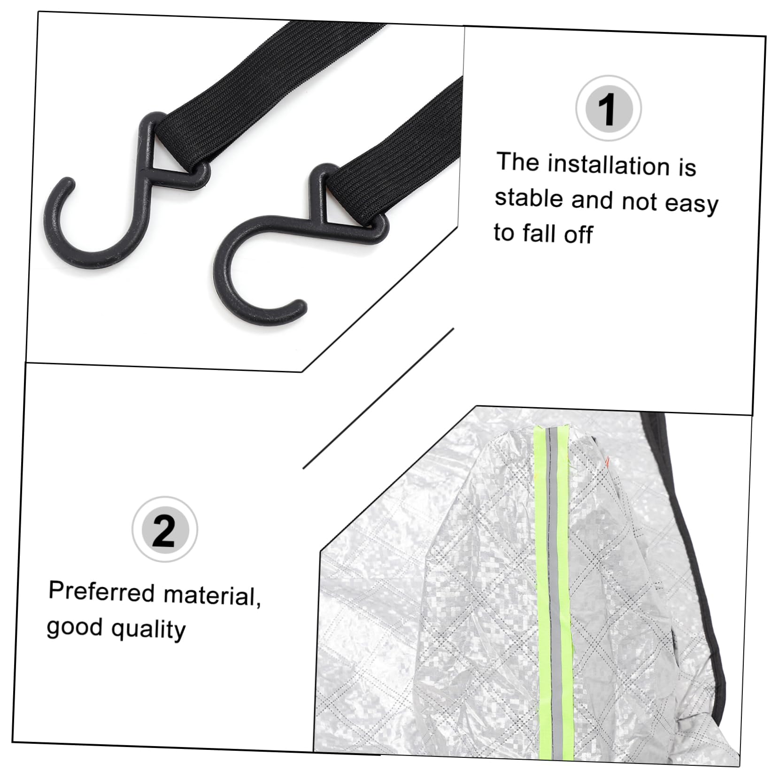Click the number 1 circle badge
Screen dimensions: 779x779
pos(609,108)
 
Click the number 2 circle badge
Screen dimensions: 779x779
pos(165,529)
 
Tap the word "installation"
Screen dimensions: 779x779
pos(609,166)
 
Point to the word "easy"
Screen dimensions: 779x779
pos(693,205)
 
